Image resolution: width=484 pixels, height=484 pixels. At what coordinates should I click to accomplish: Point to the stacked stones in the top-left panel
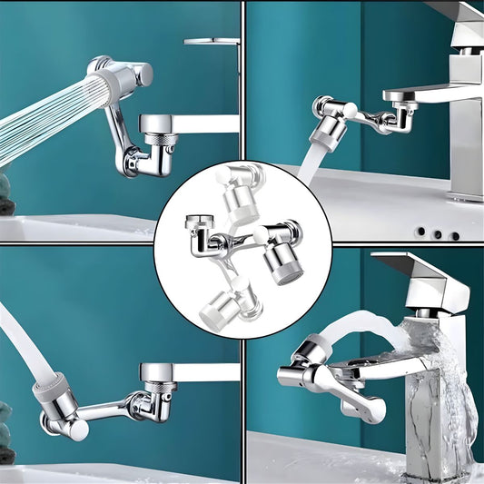[6, 195]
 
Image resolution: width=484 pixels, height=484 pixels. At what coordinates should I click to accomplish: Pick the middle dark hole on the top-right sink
[438, 233]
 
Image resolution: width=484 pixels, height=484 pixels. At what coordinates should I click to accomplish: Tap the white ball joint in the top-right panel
[349, 109]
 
